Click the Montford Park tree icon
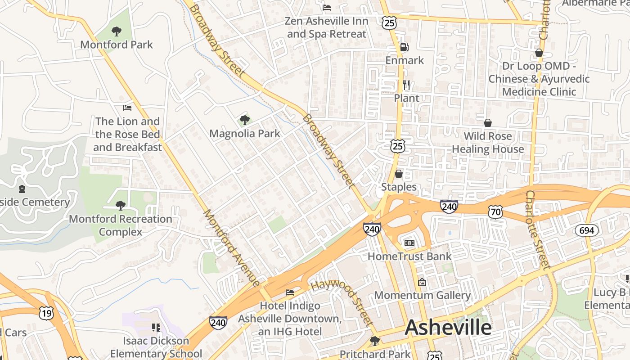[x=116, y=31]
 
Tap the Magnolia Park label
[x=245, y=134]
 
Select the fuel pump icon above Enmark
[x=404, y=47]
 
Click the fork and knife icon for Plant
[x=406, y=85]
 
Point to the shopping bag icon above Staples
[x=399, y=174]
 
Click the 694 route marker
[x=587, y=230]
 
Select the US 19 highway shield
[x=46, y=313]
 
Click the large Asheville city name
[x=448, y=327]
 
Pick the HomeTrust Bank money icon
[x=409, y=243]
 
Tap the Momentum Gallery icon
[x=422, y=282]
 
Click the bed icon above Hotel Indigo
[x=290, y=292]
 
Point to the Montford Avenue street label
[x=231, y=247]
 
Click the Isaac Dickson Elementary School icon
[x=156, y=327]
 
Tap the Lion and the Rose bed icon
[x=127, y=108]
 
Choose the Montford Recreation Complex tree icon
[x=120, y=206]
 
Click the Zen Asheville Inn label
[x=327, y=27]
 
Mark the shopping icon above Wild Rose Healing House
[x=487, y=123]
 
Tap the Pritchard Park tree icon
[x=374, y=341]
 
